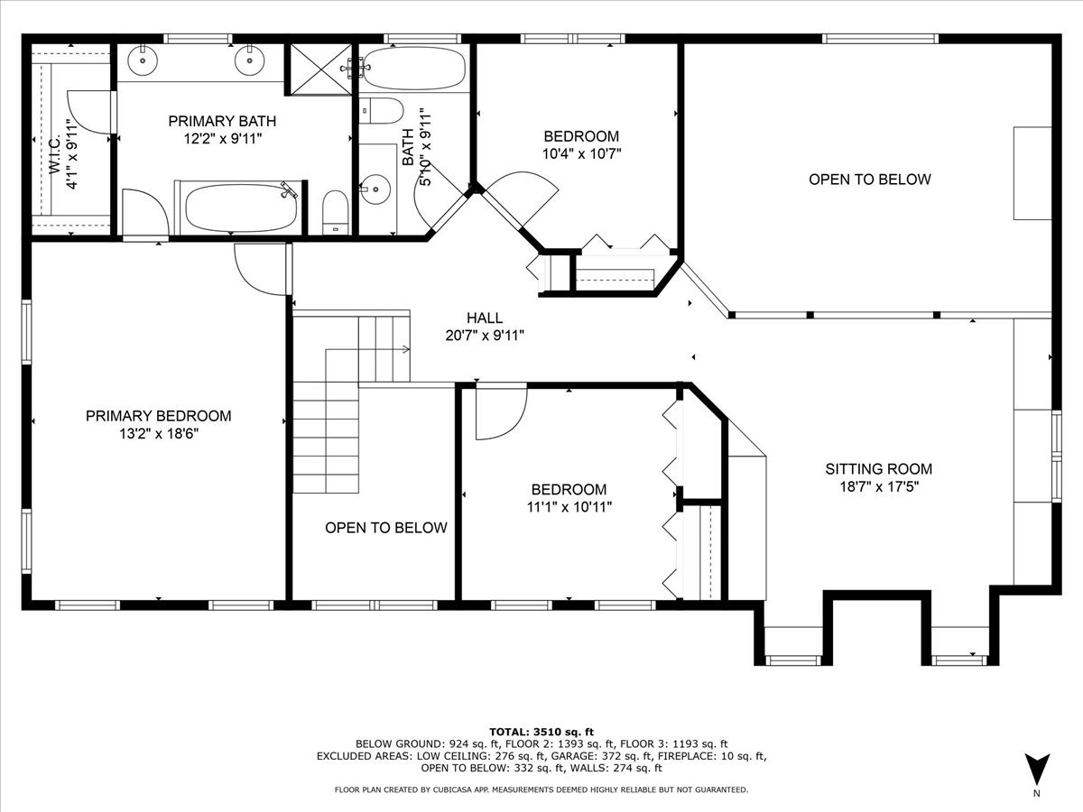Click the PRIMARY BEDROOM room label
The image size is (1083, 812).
pos(158,416)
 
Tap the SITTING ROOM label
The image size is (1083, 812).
pos(878,469)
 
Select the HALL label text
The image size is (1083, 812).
pos(485,318)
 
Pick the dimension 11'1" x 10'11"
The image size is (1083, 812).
pos(569,506)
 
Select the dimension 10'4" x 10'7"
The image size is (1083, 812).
pos(580,153)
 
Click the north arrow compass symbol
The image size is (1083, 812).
pos(1037,770)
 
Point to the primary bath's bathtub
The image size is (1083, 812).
pos(241,208)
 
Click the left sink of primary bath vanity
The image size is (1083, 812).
pos(143,61)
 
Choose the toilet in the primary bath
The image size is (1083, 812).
pos(335,211)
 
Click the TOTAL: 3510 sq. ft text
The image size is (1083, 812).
pos(541,731)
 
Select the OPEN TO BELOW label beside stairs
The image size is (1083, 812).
pos(385,528)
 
